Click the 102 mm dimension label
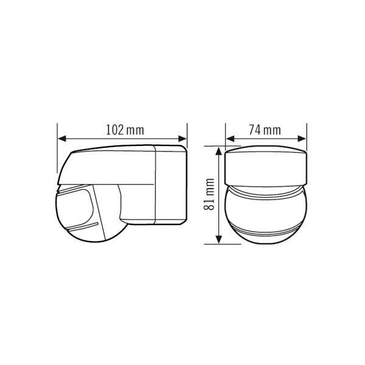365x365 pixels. pyautogui.click(x=125, y=130)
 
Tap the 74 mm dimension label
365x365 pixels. pyautogui.click(x=265, y=130)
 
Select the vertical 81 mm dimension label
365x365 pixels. pyautogui.click(x=209, y=195)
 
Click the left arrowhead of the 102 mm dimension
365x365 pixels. pyautogui.click(x=62, y=139)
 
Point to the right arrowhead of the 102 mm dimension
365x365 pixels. pyautogui.click(x=182, y=139)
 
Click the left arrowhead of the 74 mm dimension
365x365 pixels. pyautogui.click(x=230, y=139)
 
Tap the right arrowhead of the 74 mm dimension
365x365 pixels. pyautogui.click(x=302, y=139)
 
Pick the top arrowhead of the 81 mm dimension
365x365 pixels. pyautogui.click(x=218, y=151)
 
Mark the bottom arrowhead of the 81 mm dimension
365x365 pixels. pyautogui.click(x=218, y=240)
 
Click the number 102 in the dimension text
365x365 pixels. pyautogui.click(x=115, y=130)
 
